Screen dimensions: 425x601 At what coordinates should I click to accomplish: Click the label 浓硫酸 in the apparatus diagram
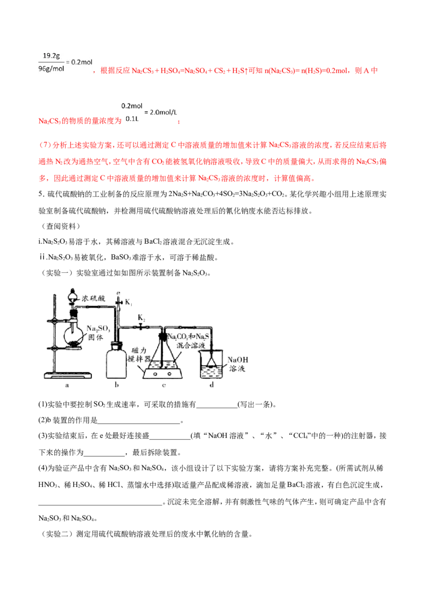point(93,298)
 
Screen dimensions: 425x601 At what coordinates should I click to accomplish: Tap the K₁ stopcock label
point(129,303)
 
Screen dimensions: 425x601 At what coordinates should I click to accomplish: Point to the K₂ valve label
point(141,317)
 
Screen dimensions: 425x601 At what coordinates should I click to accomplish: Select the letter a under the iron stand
point(67,385)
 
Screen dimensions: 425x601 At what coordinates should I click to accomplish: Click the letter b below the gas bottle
point(117,385)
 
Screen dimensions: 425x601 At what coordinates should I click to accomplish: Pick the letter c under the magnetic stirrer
point(164,385)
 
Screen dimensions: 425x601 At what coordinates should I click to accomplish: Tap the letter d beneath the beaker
point(212,384)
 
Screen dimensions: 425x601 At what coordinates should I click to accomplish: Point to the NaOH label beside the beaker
point(238,359)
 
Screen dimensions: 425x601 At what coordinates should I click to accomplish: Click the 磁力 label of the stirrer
point(139,350)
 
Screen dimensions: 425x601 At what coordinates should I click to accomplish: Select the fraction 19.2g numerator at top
point(52,56)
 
